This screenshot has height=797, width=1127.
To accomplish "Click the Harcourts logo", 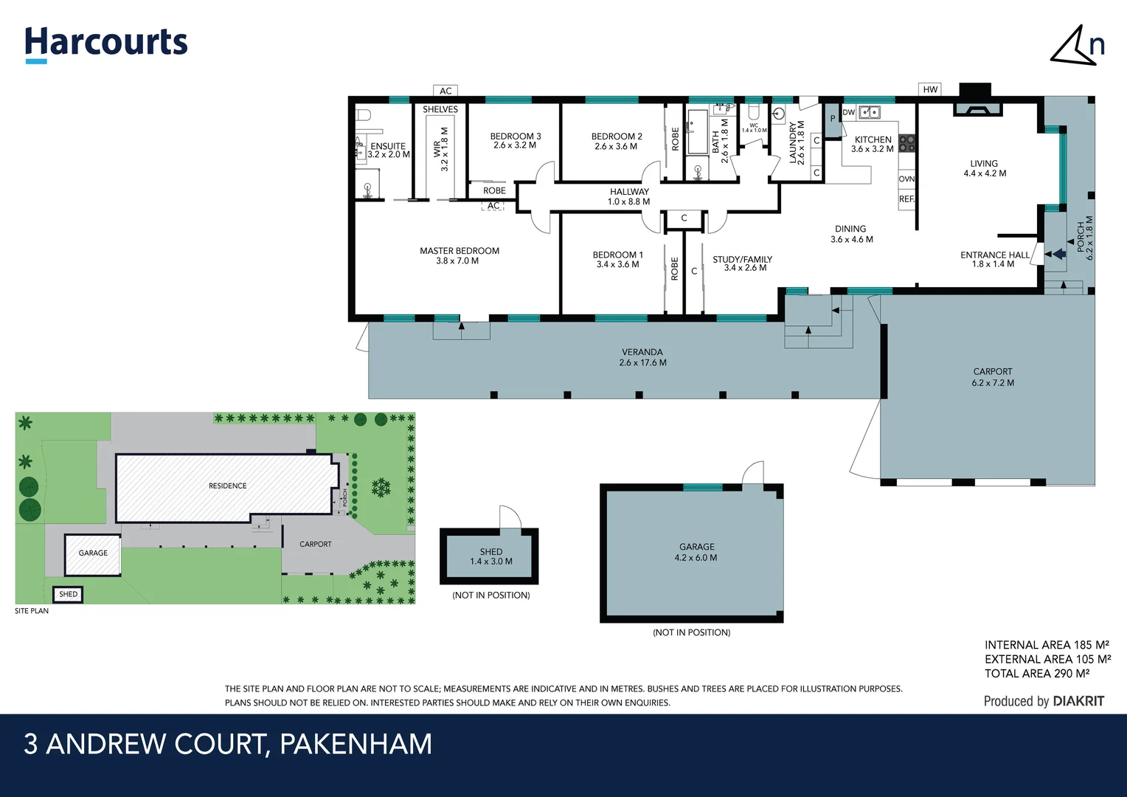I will click(x=106, y=43).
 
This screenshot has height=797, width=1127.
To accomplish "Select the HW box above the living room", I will click(x=930, y=90).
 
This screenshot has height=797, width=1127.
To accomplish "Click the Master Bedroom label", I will click(x=459, y=256).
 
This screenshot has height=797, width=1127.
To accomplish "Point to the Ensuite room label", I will click(x=388, y=151).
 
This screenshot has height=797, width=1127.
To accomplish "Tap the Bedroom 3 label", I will click(x=515, y=141).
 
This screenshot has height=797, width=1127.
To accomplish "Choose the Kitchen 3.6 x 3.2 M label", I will click(x=873, y=145).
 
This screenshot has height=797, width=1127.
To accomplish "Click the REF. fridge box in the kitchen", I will click(x=906, y=199).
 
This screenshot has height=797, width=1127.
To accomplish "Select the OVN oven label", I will click(x=906, y=179).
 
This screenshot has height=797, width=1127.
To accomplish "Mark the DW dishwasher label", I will click(x=848, y=113).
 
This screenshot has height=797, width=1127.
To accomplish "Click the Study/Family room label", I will click(x=742, y=263).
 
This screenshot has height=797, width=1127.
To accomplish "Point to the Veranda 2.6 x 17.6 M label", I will click(x=642, y=357).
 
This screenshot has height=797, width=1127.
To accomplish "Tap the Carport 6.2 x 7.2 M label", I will click(x=992, y=377).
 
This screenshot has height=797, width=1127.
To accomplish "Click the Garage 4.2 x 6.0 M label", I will click(x=696, y=552).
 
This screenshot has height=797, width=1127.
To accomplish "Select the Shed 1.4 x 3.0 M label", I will click(x=490, y=556).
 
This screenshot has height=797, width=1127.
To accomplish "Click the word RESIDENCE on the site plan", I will click(x=227, y=486).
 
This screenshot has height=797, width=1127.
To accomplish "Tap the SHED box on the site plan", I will click(x=68, y=594).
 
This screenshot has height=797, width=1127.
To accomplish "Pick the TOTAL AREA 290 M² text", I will click(x=1036, y=674).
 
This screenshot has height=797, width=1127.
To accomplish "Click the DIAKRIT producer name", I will click(x=1078, y=701).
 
